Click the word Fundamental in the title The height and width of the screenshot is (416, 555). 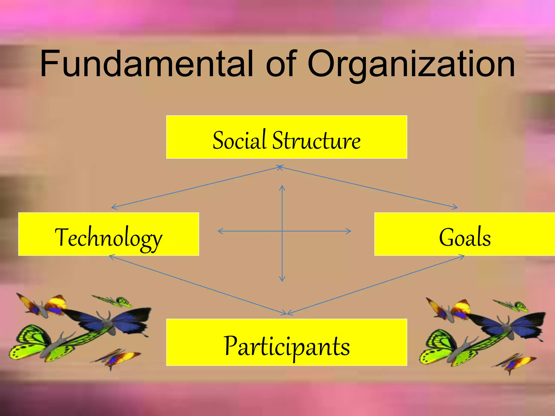[x=146, y=64]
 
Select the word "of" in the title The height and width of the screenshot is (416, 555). [x=281, y=64]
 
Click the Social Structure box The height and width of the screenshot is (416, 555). [x=286, y=137]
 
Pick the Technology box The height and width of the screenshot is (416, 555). [x=108, y=234]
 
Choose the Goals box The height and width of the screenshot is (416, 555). [x=464, y=234]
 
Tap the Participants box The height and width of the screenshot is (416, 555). [x=286, y=342]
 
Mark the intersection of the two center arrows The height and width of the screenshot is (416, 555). [x=282, y=231]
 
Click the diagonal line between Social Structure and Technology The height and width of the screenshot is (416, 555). [x=195, y=188]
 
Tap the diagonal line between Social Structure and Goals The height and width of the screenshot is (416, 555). [x=369, y=188]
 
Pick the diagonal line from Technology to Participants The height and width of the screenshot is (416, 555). [x=198, y=285]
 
